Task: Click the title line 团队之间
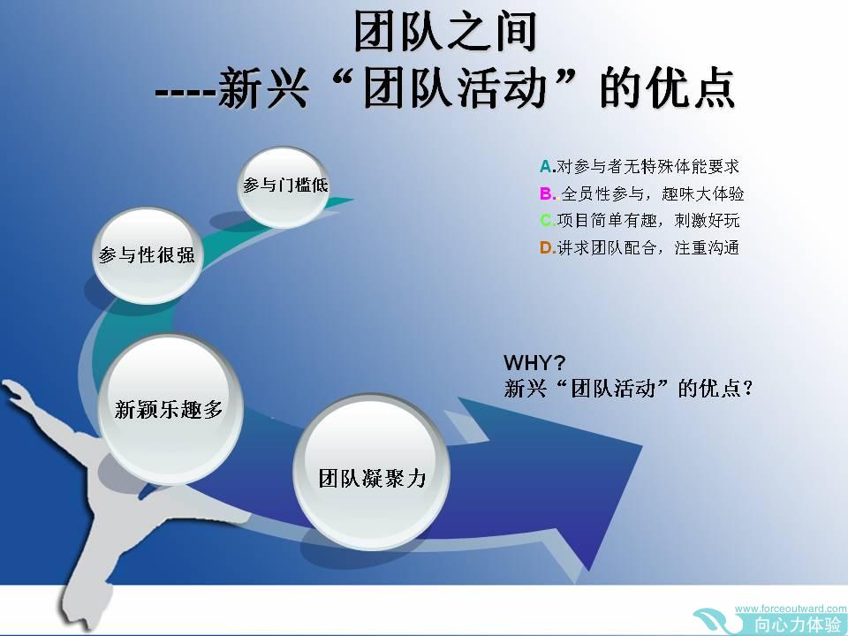444,32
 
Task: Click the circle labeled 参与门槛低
284,186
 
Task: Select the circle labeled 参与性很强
147,255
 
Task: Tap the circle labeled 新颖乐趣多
170,409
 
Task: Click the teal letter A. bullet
548,167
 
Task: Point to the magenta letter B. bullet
548,193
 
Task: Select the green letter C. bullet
548,221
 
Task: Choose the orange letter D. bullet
548,247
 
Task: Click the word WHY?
534,362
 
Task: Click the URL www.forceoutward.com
791,609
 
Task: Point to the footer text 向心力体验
799,625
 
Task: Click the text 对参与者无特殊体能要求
647,167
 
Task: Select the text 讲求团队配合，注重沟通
647,247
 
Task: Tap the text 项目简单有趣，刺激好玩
647,221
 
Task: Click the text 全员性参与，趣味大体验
652,193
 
